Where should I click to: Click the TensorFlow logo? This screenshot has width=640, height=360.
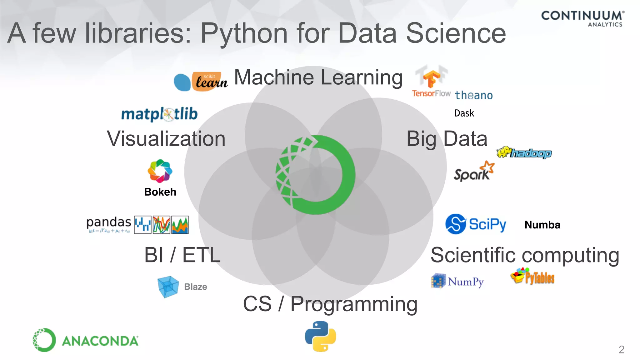point(431,82)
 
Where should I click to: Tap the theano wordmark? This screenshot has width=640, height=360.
point(474,95)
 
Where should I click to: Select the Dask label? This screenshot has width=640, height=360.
point(464,113)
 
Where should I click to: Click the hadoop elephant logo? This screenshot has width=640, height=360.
point(524,152)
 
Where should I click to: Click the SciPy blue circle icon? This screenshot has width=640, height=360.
point(456,224)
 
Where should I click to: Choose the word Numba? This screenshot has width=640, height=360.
point(542,225)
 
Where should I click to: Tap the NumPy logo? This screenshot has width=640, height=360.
point(457,281)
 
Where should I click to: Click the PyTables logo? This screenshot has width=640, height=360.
point(532,276)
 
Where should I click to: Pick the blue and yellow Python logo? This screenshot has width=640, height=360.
point(320,336)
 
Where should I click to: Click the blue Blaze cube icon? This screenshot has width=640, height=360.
point(168,286)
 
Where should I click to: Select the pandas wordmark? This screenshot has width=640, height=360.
point(108,222)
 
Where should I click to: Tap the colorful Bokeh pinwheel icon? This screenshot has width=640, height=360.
point(160,171)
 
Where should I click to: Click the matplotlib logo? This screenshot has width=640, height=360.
point(159,114)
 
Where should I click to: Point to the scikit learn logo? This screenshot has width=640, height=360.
point(201,82)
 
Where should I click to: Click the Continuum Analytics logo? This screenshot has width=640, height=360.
point(582,18)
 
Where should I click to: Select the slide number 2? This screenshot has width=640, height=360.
point(621,349)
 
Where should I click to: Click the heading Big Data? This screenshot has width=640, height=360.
point(447,139)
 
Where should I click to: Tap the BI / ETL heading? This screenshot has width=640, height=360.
point(182,255)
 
